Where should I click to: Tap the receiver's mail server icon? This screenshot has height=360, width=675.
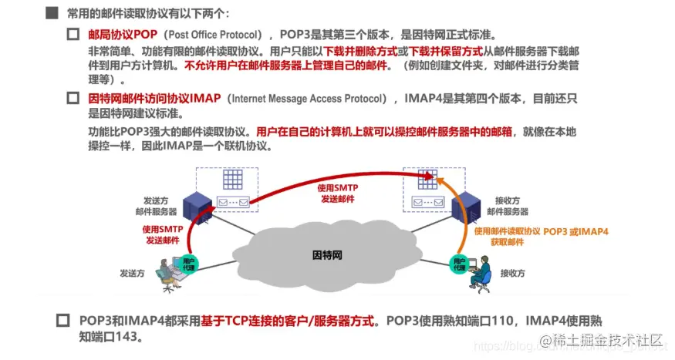point(462,204)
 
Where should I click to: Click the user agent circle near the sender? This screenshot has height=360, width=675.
point(190,262)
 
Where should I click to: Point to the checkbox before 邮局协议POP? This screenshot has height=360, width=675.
point(73,35)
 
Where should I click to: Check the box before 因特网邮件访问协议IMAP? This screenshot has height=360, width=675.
point(73,99)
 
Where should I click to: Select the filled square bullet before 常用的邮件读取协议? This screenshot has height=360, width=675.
point(52,13)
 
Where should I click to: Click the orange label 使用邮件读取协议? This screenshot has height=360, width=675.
point(508,231)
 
